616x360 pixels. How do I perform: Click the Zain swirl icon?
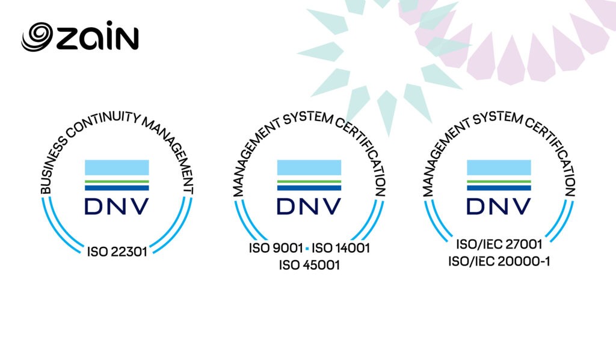click(x=37, y=37)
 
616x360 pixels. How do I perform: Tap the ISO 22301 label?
click(x=117, y=252)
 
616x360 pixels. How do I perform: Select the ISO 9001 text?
click(x=276, y=248)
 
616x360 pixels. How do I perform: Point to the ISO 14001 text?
click(x=340, y=248)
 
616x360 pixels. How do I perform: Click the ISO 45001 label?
click(x=309, y=265)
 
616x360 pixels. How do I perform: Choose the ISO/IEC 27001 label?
click(x=499, y=244)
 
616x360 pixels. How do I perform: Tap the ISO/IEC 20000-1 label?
click(x=499, y=261)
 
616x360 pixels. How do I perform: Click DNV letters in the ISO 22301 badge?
click(x=117, y=206)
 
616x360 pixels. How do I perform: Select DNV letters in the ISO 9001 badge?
click(x=309, y=206)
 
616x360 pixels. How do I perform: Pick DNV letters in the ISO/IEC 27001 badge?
click(x=499, y=206)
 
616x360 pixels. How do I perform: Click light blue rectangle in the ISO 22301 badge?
click(x=117, y=167)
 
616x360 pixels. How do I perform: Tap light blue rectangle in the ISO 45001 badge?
click(x=309, y=167)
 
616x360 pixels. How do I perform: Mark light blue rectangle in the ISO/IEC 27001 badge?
click(x=499, y=167)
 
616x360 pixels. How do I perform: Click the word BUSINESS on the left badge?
click(x=52, y=166)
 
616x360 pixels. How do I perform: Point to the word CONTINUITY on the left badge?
click(x=103, y=122)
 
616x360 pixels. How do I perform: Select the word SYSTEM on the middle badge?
click(x=309, y=118)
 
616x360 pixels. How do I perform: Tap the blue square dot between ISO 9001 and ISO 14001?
click(x=307, y=249)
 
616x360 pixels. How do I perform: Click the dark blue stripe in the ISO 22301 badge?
click(x=117, y=188)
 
